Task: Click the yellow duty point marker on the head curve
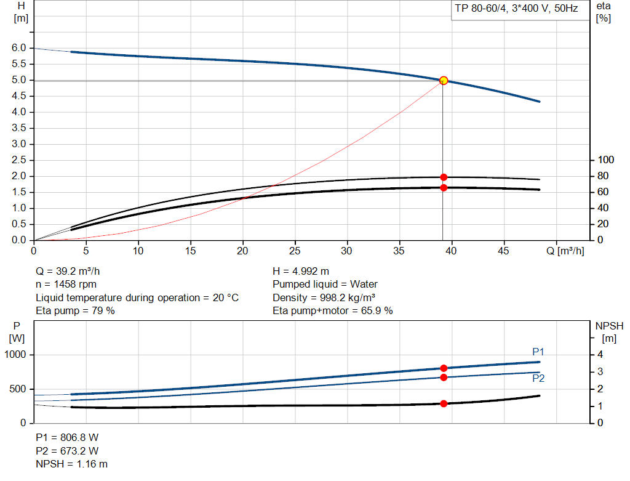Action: [443, 81]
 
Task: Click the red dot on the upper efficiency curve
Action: [443, 177]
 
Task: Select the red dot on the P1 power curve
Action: [443, 368]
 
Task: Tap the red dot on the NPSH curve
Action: [443, 404]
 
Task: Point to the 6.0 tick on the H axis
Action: [18, 48]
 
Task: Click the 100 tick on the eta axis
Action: [606, 160]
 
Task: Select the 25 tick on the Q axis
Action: [295, 251]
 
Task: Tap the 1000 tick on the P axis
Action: [16, 355]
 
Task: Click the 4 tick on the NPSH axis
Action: [600, 355]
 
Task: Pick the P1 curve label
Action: [538, 352]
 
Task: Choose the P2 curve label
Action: [538, 378]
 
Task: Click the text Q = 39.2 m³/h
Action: [68, 271]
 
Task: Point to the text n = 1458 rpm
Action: [66, 284]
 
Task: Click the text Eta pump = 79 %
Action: [76, 310]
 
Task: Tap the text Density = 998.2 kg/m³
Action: [324, 297]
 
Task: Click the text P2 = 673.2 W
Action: [67, 450]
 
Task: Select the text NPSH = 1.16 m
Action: [72, 464]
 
